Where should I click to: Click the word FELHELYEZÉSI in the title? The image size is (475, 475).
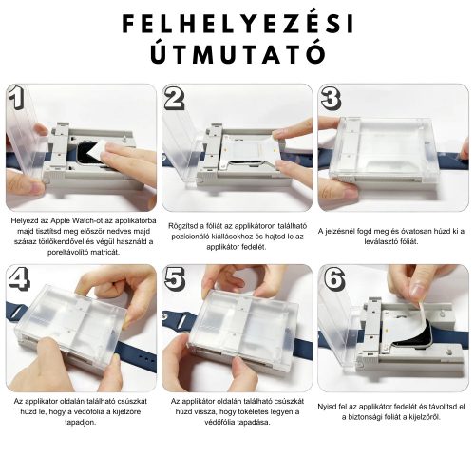pyautogui.click(x=237, y=23)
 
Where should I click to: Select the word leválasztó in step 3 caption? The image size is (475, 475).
pyautogui.click(x=393, y=242)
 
